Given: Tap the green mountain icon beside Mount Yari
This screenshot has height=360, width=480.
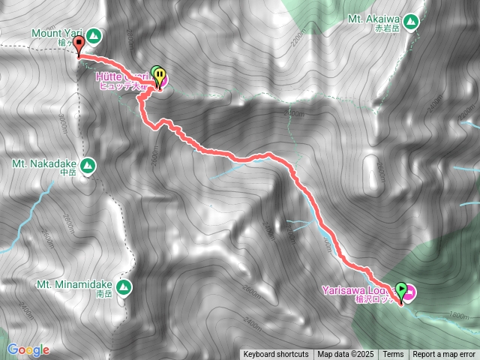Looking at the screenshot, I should point(93,34).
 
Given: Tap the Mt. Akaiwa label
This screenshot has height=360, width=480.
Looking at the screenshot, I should point(375,19).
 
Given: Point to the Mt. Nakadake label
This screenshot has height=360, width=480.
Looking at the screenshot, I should point(44,163).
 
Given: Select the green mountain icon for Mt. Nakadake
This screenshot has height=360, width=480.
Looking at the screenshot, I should point(88,165).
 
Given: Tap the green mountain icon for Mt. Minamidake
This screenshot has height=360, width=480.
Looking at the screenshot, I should point(124,286).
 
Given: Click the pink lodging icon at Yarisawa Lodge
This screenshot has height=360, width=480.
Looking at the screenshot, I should point(412,291).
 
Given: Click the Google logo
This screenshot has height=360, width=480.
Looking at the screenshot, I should point(28,349).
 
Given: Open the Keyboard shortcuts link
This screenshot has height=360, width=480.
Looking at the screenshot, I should point(275,354).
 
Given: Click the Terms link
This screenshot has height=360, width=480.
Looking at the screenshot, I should point(393,354).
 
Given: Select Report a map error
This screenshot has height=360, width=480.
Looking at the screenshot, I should point(444,354).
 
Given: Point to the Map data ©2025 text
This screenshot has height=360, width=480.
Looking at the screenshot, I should point(343,354).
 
